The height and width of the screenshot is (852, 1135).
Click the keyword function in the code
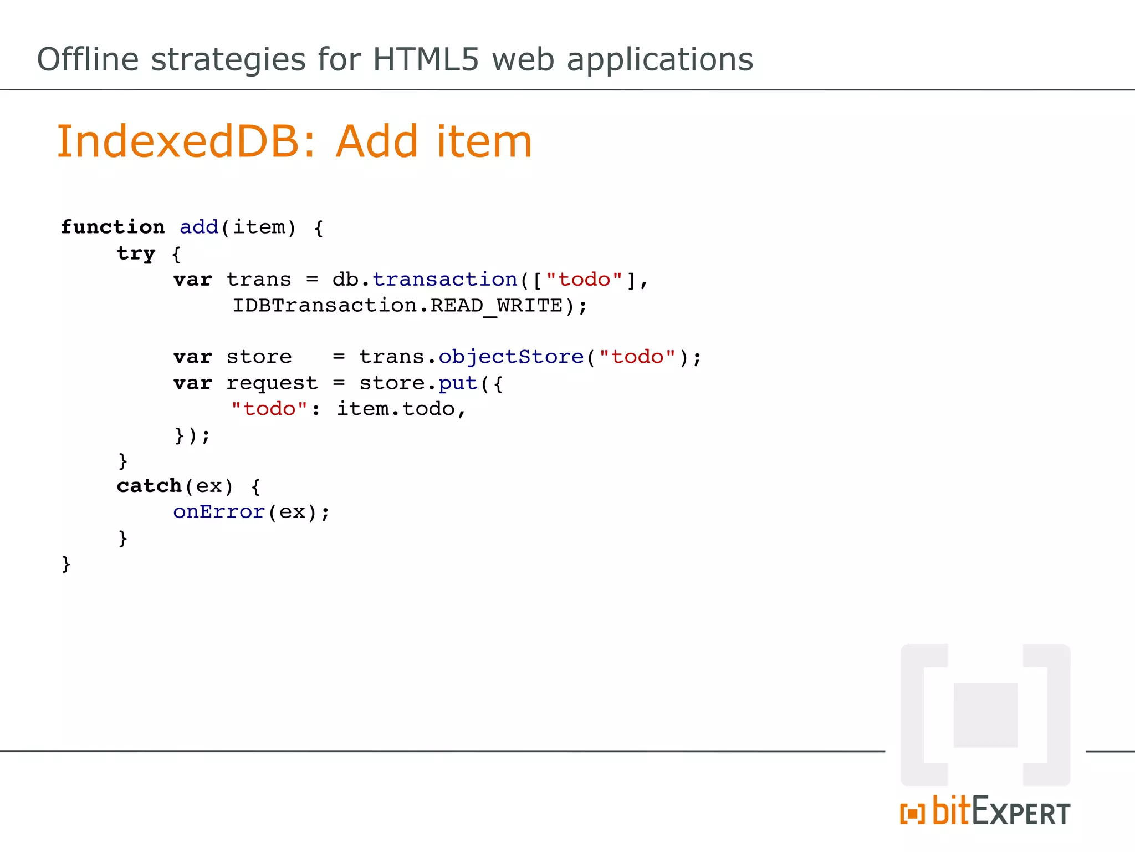tap(113, 227)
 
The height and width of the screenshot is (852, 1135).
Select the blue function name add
tap(199, 227)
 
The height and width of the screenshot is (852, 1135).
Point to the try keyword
tap(136, 253)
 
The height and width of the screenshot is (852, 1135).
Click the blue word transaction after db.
tap(444, 280)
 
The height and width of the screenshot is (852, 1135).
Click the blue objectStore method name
tap(511, 357)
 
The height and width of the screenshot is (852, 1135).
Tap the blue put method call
tap(458, 383)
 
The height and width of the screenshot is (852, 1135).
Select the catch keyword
tap(149, 486)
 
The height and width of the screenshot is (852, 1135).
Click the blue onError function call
tap(218, 512)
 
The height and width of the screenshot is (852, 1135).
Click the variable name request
tap(272, 383)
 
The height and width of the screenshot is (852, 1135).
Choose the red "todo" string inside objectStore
tap(637, 357)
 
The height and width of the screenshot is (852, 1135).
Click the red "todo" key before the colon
tap(269, 409)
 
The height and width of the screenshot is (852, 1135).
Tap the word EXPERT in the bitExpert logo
tap(1021, 812)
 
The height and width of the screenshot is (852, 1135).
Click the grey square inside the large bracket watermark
tap(985, 715)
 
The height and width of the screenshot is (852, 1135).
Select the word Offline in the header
tap(88, 59)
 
